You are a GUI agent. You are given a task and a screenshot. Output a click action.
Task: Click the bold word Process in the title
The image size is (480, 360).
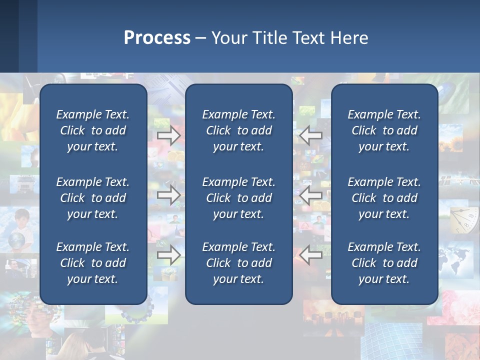click(x=157, y=38)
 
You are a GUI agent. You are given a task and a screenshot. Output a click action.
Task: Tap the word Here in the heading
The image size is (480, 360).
click(x=349, y=38)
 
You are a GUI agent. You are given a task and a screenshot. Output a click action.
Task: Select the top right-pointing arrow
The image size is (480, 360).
click(x=169, y=135)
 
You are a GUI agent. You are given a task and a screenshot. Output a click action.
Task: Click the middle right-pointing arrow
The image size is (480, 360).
click(x=169, y=195)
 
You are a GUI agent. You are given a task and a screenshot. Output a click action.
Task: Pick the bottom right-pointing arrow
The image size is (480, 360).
click(x=169, y=255)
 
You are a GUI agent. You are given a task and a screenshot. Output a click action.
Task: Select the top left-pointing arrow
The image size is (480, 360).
click(x=311, y=135)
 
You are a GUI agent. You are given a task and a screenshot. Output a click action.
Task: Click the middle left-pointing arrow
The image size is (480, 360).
click(x=311, y=195)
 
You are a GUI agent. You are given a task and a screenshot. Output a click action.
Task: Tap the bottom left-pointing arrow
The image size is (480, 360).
click(x=311, y=255)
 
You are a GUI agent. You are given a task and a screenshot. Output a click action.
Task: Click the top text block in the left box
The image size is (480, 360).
click(x=93, y=130)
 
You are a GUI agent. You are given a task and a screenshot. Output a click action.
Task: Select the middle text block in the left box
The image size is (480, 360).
click(x=93, y=198)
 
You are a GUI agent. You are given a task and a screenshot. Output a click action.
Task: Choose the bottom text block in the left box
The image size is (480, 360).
click(x=93, y=263)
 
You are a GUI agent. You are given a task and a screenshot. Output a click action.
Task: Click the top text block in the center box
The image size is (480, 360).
click(x=238, y=130)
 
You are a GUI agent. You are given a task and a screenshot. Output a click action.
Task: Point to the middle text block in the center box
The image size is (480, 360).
click(x=238, y=198)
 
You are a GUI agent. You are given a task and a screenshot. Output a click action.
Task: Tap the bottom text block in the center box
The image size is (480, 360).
click(x=238, y=263)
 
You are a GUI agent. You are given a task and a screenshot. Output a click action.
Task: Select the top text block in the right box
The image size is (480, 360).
click(x=384, y=130)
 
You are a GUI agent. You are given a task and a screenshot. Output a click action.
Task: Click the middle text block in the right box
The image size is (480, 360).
click(x=384, y=198)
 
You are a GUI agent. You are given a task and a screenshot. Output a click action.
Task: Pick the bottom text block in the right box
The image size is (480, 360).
click(x=384, y=263)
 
